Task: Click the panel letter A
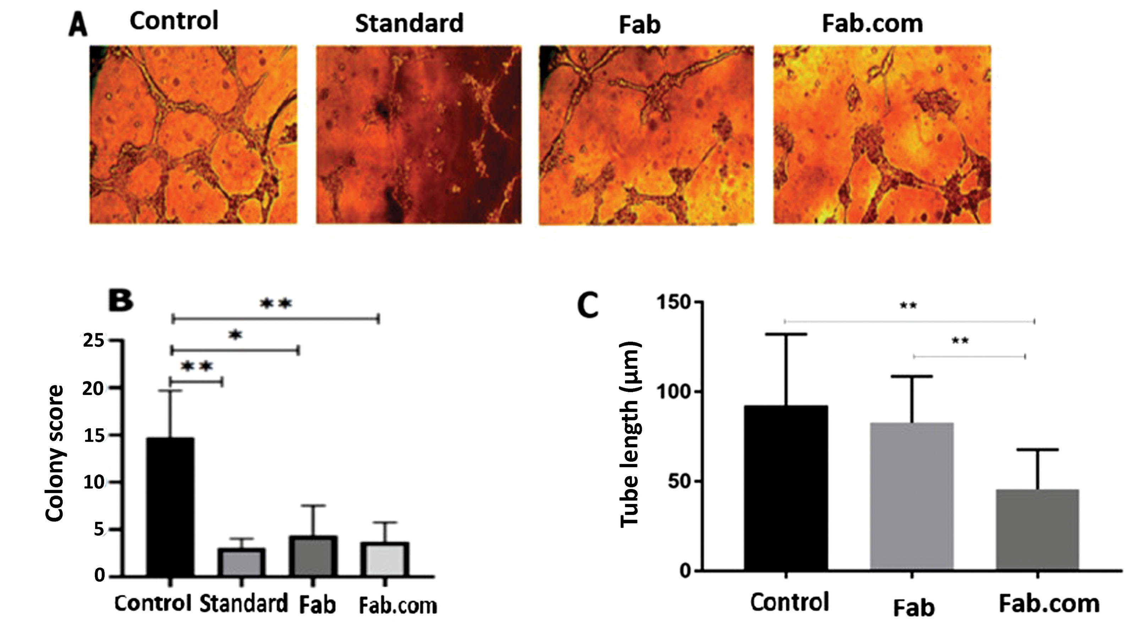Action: point(78,25)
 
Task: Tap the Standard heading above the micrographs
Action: point(409,23)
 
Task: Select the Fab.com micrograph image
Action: point(882,135)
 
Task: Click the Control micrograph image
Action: point(193,135)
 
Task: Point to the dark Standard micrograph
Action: point(418,135)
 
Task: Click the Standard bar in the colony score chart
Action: point(241,562)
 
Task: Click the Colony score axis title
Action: point(55,454)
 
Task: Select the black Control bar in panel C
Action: point(785,488)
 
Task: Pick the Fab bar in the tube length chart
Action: point(912,496)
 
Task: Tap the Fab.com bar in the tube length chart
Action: point(1037,529)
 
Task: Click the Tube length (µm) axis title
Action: point(629,434)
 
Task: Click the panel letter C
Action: point(588,306)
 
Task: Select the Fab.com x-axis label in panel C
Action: point(1049,604)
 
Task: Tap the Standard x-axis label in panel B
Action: point(243,604)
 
